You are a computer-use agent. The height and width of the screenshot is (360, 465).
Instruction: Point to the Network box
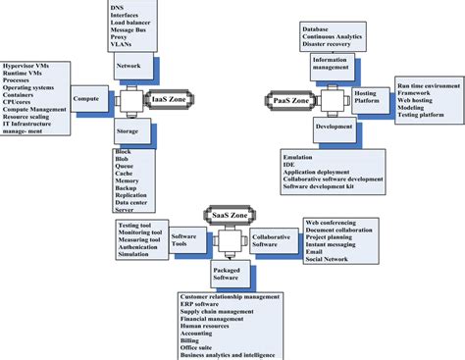129,66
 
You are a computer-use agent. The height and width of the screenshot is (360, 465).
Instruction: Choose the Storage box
129,129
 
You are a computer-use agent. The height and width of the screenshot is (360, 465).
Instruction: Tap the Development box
335,127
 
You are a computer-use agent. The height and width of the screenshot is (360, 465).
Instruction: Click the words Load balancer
133,23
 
